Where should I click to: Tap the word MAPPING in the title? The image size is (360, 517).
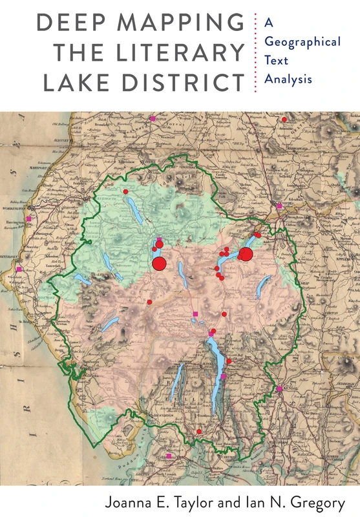(x=181, y=24)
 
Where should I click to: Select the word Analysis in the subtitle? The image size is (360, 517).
(x=288, y=80)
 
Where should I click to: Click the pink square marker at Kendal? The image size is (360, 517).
(x=279, y=389)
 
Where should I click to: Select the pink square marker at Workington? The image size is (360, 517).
(x=28, y=219)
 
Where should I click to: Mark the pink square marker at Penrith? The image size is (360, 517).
(x=279, y=206)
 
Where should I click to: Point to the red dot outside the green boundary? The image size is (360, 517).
(x=284, y=120)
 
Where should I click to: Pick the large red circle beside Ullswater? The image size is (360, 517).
(x=246, y=254)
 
